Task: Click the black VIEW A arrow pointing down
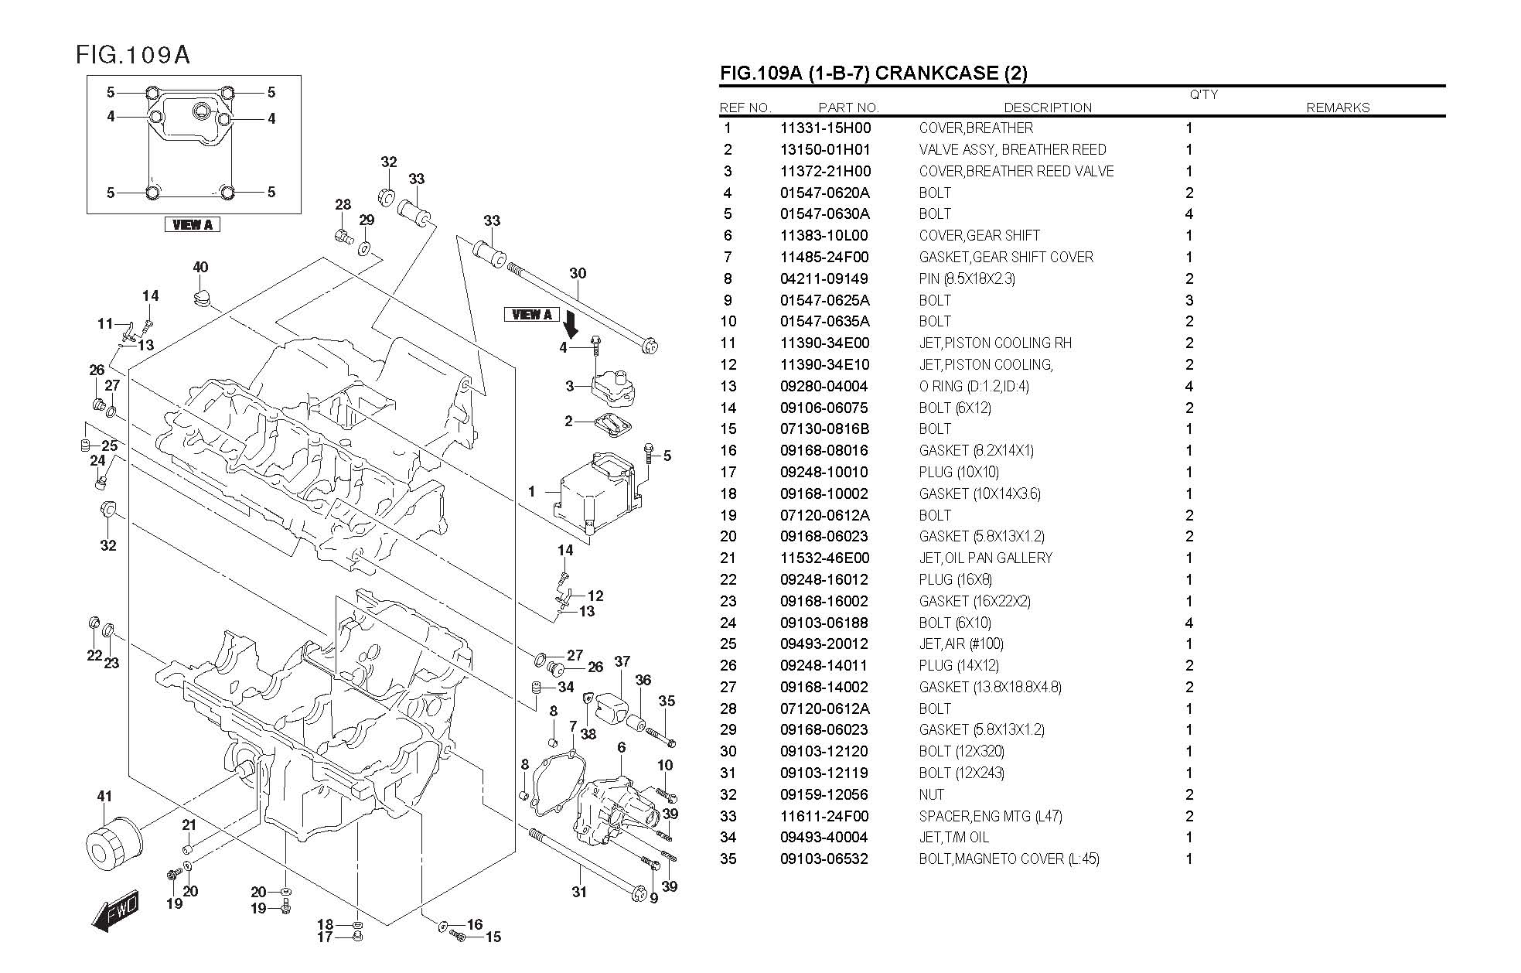(571, 324)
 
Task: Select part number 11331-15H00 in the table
(825, 128)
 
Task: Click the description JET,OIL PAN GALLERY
(985, 558)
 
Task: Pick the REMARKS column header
(1337, 108)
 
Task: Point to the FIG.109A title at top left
(132, 55)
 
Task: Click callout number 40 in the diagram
(200, 268)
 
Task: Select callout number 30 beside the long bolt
(578, 273)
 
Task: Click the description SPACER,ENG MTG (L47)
(990, 816)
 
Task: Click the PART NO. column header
(848, 108)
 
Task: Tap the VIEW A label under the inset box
(193, 225)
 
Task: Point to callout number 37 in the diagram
(622, 661)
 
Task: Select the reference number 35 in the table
(728, 859)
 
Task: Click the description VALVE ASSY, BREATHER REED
(1012, 150)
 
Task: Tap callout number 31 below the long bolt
(579, 892)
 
